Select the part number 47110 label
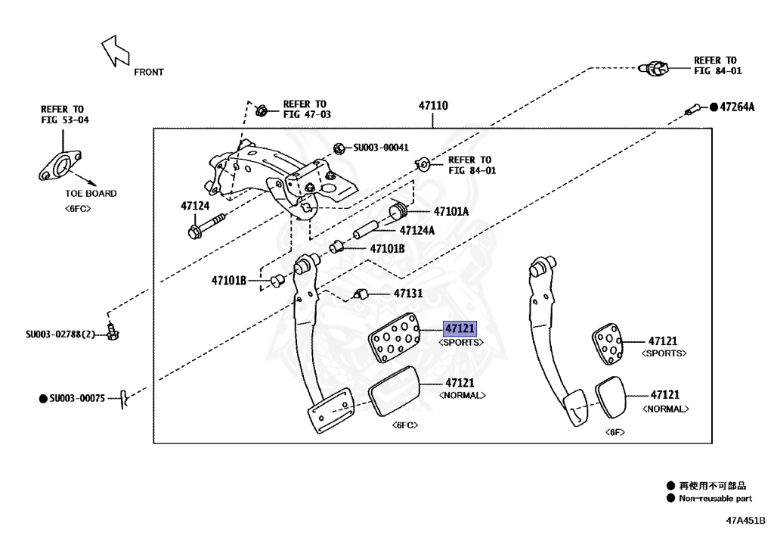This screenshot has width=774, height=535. [433, 106]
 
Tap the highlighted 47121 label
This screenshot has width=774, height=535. [460, 329]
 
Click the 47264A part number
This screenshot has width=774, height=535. [736, 107]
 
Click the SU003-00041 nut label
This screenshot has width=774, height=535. [381, 148]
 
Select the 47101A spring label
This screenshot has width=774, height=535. [450, 212]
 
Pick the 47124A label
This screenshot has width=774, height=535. [417, 230]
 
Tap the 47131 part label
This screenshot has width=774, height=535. [407, 293]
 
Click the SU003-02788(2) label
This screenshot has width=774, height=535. [60, 334]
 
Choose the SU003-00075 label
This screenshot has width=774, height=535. [77, 397]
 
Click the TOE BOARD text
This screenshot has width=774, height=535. [91, 194]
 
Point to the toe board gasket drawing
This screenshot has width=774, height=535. [60, 167]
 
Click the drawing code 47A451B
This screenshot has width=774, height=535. [746, 521]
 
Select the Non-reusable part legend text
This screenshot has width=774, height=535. [715, 499]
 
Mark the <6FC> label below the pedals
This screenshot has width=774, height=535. [405, 425]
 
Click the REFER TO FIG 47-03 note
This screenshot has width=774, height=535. [305, 109]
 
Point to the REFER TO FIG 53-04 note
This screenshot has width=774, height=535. [63, 114]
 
